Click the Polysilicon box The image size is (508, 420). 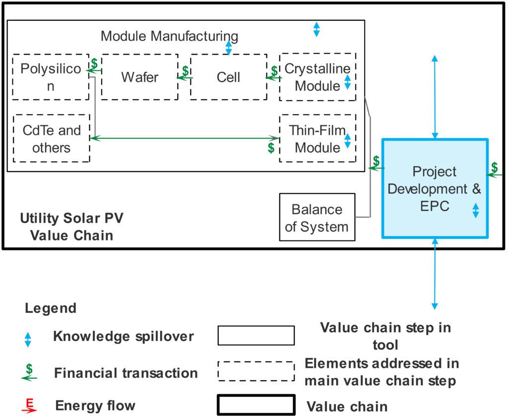tap(51, 77)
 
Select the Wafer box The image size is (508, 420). tap(139, 77)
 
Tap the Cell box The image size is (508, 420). tap(228, 77)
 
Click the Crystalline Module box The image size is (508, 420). tap(317, 77)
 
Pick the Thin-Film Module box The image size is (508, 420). tap(317, 138)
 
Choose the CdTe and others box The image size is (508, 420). tap(52, 138)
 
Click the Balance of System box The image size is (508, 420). tap(317, 218)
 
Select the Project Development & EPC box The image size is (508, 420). tap(435, 188)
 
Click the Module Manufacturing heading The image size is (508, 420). tap(169, 36)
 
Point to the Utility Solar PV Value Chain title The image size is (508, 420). tap(71, 226)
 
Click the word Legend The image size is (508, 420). tap(51, 308)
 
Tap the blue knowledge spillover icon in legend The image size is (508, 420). tap(28, 339)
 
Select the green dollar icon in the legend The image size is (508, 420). tap(29, 372)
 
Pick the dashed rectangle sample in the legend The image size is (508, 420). tap(256, 371)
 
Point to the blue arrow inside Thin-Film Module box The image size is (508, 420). tap(347, 141)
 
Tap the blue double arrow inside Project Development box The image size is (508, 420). tap(475, 211)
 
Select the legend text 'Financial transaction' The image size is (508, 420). tap(126, 373)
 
